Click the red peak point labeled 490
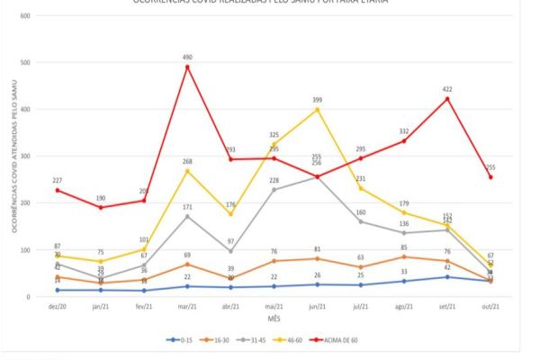click(x=187, y=67)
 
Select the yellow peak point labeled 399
click(x=316, y=110)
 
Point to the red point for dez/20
click(x=58, y=190)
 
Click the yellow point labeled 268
click(x=187, y=171)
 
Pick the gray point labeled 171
click(x=187, y=216)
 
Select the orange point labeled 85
click(x=402, y=256)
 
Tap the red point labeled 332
click(x=402, y=141)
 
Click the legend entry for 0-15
click(x=181, y=339)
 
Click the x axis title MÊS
click(x=273, y=319)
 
